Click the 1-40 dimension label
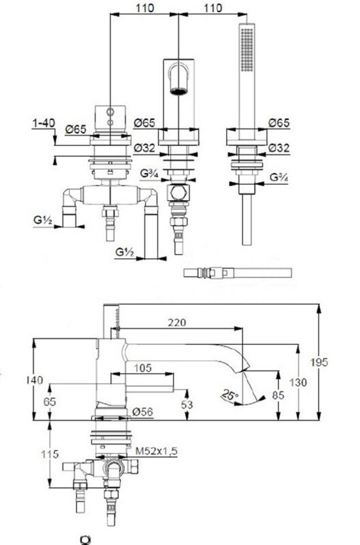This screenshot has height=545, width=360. [x=44, y=122]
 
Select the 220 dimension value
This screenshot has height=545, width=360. [x=177, y=322]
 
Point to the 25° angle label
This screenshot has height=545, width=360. [x=230, y=395]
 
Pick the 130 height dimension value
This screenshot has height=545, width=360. [x=315, y=381]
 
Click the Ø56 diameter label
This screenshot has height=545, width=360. [x=142, y=411]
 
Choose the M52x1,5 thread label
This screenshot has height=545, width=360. [x=156, y=452]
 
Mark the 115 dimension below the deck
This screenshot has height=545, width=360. [x=50, y=454]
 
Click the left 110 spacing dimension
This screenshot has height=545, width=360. [x=145, y=7]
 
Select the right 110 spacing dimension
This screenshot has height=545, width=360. [x=212, y=7]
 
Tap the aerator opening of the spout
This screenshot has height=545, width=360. [x=179, y=90]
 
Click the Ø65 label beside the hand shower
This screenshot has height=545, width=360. [x=279, y=122]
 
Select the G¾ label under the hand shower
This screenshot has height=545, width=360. [x=279, y=178]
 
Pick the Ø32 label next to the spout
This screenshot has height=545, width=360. [x=145, y=147]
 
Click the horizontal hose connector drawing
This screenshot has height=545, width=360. [x=237, y=272]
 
